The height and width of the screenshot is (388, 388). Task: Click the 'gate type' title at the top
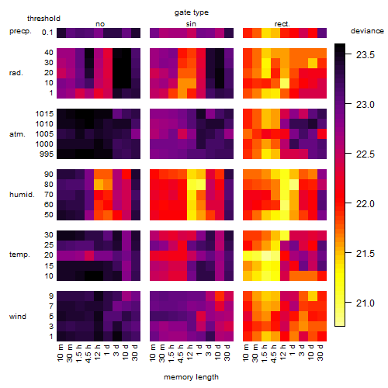pos(192,12)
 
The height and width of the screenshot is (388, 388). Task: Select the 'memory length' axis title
pos(191,377)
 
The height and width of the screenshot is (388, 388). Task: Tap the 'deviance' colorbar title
pos(367,31)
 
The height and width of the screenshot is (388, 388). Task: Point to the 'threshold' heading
pos(43,19)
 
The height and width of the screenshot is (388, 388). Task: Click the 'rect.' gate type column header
pos(282,24)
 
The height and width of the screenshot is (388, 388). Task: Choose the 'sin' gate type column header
pos(191,24)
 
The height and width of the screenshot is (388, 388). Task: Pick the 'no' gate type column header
pos(100,24)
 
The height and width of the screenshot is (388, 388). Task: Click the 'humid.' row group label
pos(22,195)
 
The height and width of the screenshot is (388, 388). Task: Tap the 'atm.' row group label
pos(17,134)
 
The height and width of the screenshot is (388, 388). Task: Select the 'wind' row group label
pos(18,317)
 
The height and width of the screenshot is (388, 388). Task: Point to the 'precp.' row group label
pos(20,31)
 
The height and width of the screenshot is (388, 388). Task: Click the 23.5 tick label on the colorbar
pos(365,55)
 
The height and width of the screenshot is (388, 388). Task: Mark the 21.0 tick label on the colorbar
pos(365,303)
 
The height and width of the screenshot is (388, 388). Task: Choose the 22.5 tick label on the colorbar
pos(365,154)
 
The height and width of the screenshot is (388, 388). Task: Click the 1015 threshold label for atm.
pos(44,114)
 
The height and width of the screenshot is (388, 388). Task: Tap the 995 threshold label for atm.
pos(47,154)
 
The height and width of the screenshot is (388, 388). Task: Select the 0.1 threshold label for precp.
pos(47,33)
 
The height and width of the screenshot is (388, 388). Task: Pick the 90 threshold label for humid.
pos(49,175)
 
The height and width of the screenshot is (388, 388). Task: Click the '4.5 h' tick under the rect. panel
pos(274,353)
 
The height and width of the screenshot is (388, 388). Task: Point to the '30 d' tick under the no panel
pos(135,352)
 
